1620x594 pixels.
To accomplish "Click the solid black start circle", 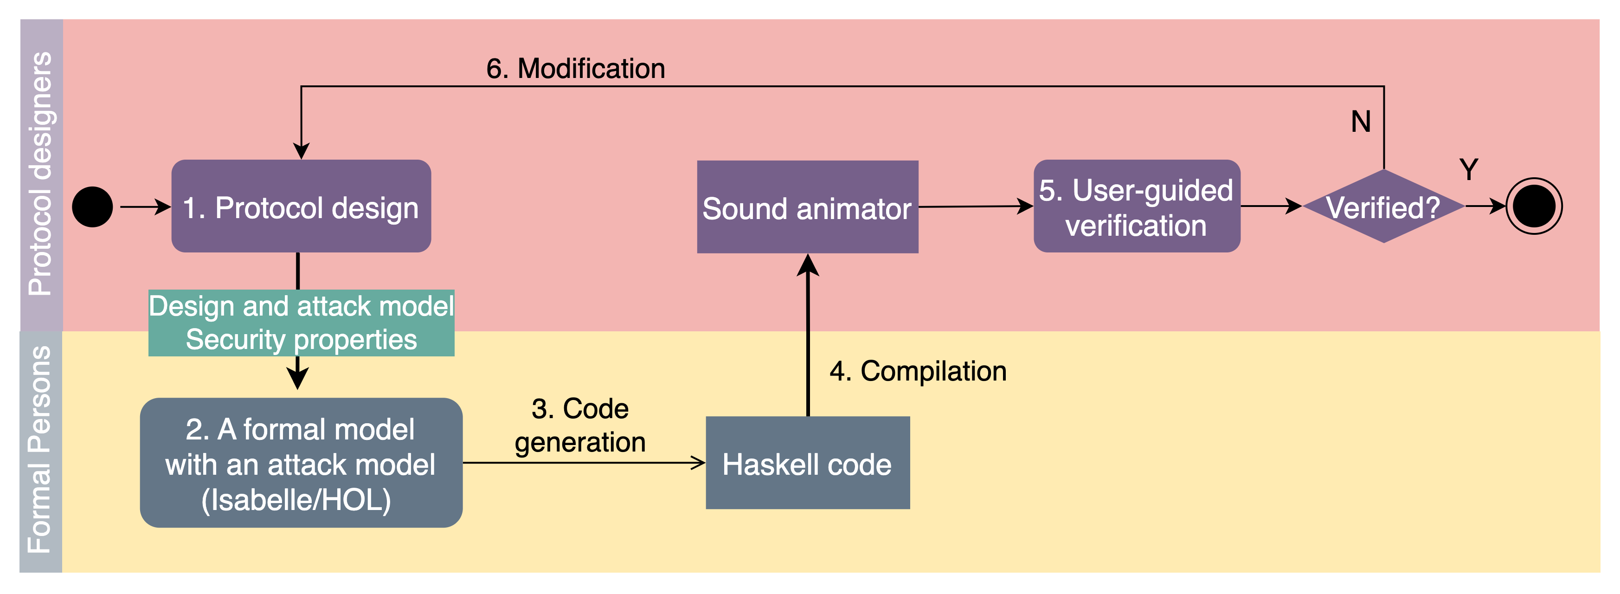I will tap(92, 207).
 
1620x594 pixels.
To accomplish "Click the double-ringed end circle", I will tap(1534, 207).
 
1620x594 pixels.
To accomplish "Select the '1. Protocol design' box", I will tap(301, 207).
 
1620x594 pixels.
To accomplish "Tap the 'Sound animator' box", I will tap(808, 207).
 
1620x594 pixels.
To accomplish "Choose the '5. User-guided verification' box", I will tap(1137, 207).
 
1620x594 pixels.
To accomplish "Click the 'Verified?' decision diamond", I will tap(1383, 207).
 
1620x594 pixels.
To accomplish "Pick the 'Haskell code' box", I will tap(808, 463).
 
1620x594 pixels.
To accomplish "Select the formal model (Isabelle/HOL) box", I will tap(301, 463).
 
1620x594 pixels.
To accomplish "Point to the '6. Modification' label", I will tap(575, 69).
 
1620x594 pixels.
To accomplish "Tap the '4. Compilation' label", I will tap(918, 371).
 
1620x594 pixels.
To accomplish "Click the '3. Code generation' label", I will tap(580, 426).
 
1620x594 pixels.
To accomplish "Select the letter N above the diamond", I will tap(1361, 122).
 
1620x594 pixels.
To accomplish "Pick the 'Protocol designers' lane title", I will tap(41, 174).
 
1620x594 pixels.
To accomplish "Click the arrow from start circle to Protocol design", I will tap(145, 207).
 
